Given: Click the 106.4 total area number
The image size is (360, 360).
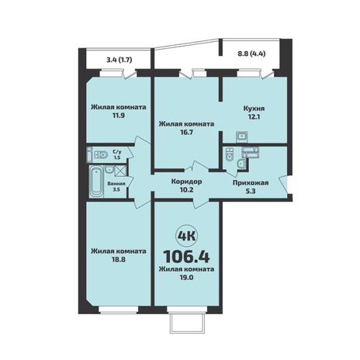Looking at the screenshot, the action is (186, 256).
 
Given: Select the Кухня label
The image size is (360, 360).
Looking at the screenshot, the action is (254, 109).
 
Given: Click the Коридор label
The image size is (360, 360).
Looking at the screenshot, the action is (186, 182).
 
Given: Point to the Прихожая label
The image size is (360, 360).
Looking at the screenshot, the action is (251, 183).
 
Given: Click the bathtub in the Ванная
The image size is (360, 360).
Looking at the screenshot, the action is (96, 182).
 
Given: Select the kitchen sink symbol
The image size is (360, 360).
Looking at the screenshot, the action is (242, 137).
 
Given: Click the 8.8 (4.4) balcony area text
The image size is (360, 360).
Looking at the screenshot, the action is (251, 54).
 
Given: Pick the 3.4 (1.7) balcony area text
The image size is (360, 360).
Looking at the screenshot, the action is (119, 60).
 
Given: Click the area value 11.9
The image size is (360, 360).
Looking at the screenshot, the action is (119, 116).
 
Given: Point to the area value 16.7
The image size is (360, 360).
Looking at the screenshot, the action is (187, 132).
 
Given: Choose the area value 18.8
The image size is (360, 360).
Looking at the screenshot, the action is (119, 259).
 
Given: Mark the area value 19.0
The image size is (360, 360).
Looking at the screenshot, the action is (187, 278).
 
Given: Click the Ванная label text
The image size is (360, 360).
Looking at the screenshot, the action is (116, 184).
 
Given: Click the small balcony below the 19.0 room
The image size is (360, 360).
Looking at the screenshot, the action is (187, 323).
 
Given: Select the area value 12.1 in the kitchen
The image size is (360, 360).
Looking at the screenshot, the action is (254, 116).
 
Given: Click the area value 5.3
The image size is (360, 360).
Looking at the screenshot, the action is (251, 192).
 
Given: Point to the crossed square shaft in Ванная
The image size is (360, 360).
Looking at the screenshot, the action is (119, 171).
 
